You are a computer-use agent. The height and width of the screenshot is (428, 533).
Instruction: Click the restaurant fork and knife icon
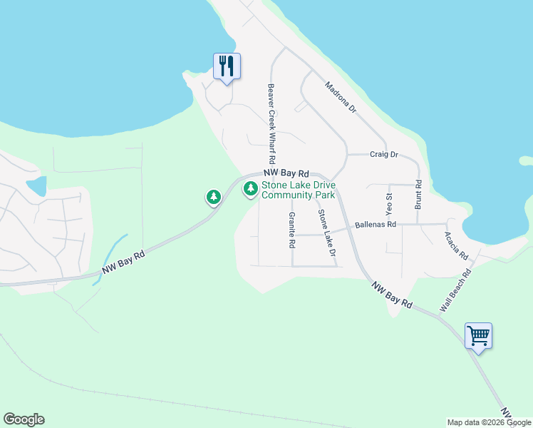227,66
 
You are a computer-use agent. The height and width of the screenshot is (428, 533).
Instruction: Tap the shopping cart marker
478,335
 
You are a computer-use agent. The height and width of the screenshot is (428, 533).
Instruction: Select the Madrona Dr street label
340,98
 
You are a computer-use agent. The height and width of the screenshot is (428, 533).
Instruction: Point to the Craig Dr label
383,154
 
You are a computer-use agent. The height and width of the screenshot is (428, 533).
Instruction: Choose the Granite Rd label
291,230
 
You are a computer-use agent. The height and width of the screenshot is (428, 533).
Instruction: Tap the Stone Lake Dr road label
326,233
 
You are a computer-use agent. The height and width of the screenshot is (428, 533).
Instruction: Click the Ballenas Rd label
376,224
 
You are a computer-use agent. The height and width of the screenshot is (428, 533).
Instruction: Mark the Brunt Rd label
418,194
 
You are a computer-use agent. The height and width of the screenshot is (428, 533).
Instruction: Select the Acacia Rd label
456,245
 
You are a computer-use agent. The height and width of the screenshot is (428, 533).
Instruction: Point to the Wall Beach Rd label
456,290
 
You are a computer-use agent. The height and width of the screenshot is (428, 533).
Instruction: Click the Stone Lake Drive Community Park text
299,190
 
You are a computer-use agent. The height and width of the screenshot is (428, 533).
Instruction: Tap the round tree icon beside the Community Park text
250,189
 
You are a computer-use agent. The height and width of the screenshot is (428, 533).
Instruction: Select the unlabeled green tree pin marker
213,196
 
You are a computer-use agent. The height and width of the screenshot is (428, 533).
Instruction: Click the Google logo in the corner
24,419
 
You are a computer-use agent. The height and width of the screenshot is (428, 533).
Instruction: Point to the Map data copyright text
489,422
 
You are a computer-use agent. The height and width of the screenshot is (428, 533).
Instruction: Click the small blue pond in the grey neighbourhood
36,185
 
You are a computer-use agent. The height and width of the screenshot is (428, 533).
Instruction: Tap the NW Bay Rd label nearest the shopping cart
392,293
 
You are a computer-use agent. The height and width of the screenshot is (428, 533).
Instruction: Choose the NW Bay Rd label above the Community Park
286,173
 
